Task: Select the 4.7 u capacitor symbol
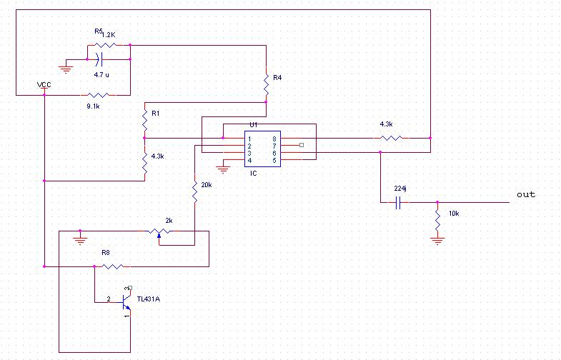tap(99, 59)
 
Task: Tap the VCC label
tap(44, 85)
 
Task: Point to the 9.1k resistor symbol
tap(99, 95)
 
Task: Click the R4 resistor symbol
tap(266, 84)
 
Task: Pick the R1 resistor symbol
tap(145, 120)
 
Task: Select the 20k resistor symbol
tap(195, 191)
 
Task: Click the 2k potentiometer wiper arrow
tap(159, 235)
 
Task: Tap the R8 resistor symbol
tap(113, 266)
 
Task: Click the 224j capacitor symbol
tap(398, 202)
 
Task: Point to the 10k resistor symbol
tap(437, 221)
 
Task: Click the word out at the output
tap(526, 194)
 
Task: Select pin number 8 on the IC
tap(274, 139)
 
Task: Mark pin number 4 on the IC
tap(249, 161)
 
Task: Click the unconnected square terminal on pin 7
tap(302, 145)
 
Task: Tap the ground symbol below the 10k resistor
tap(437, 240)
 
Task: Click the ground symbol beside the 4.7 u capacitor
tap(66, 69)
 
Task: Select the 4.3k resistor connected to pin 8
tap(392, 138)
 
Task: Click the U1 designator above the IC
tap(254, 125)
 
